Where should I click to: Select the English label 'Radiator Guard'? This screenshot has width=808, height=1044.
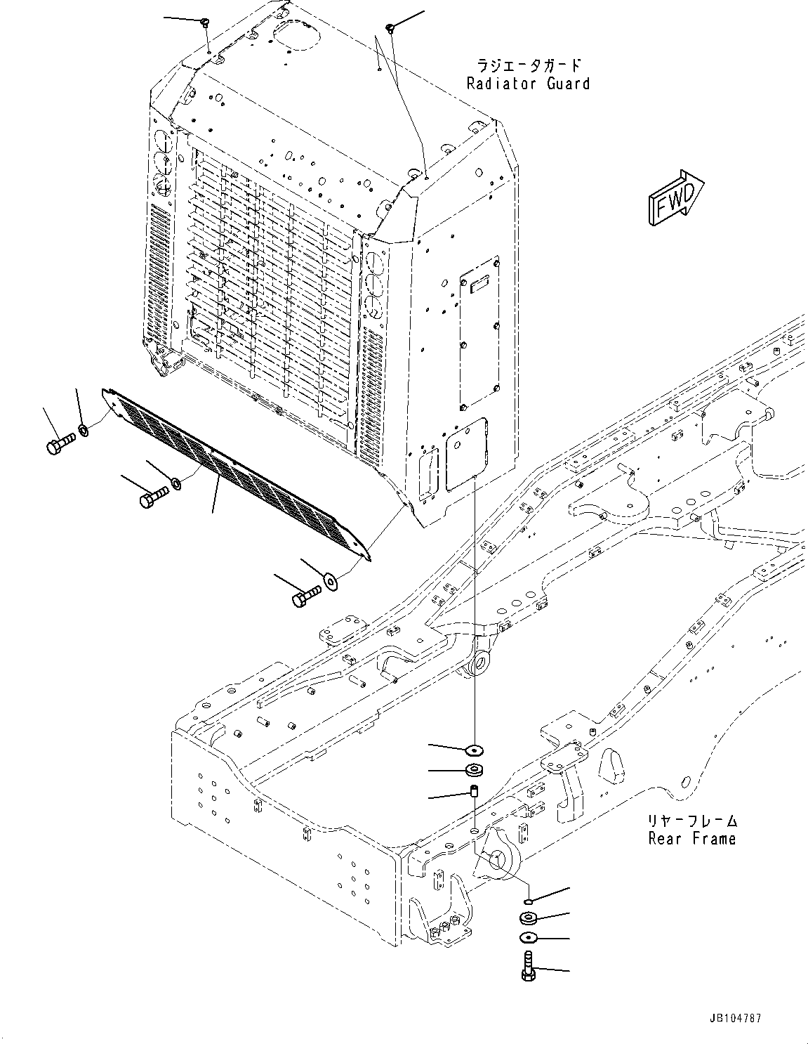coord(528,84)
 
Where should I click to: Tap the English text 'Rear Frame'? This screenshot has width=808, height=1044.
coord(691,838)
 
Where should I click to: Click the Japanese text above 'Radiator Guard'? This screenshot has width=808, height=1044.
coord(529,66)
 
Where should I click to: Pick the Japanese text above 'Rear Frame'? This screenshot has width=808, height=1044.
coord(691,821)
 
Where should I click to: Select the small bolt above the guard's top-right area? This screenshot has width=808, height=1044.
coord(390,27)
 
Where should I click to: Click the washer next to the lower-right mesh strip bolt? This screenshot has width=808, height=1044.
coord(330,580)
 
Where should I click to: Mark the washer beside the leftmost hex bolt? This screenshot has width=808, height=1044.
coord(84,429)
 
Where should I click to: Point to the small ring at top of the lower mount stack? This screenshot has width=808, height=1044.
coord(528,901)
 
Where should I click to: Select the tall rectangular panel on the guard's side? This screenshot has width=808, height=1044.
coord(479,334)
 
